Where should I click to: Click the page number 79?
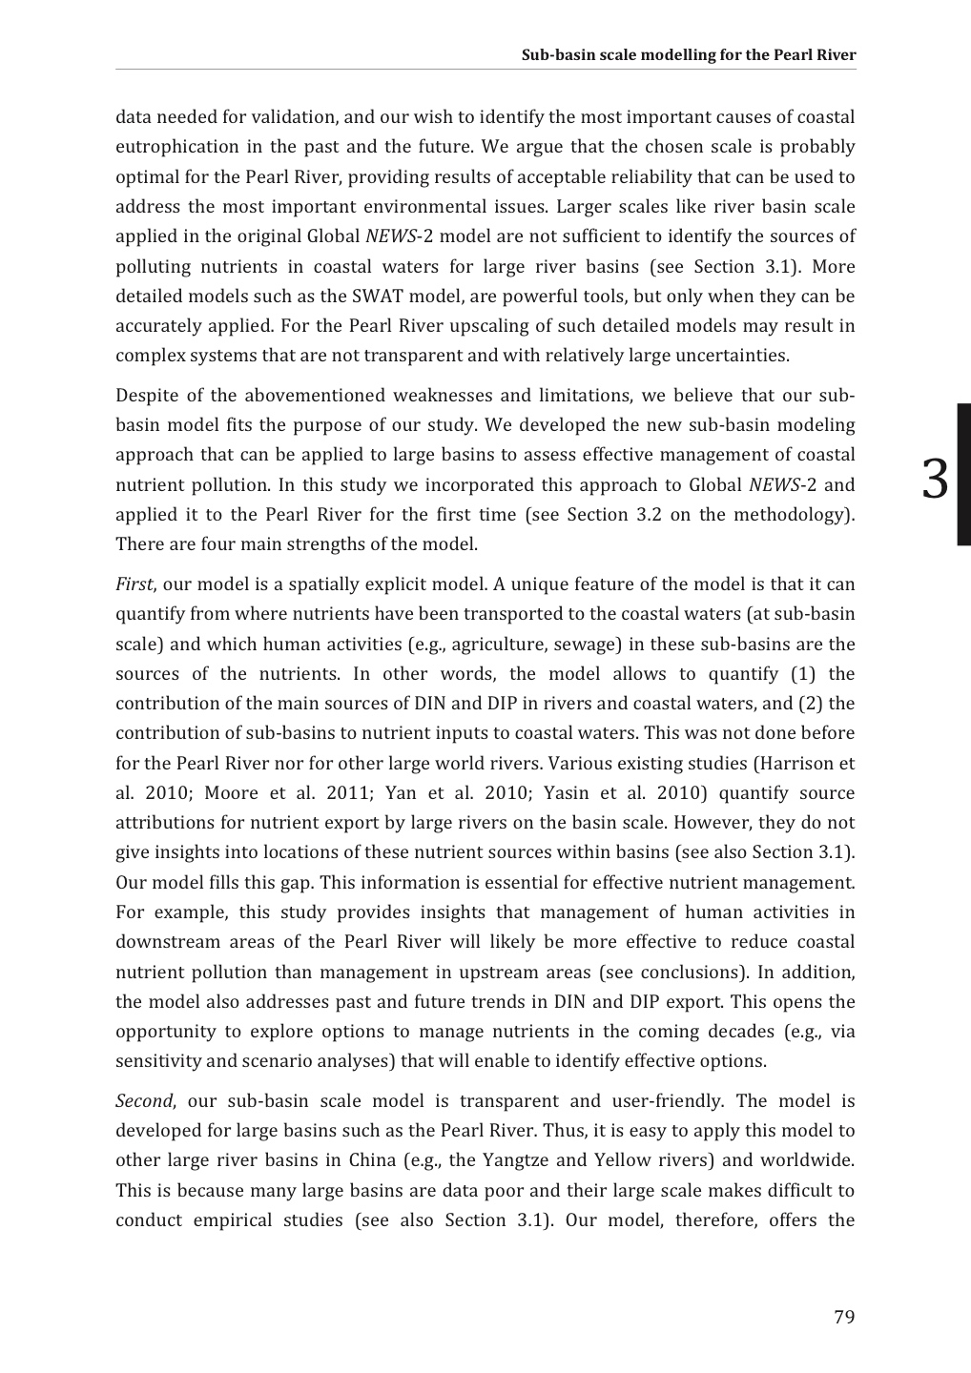tap(843, 1318)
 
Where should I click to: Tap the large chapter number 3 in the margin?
tap(936, 479)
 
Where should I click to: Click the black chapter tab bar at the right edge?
tap(963, 474)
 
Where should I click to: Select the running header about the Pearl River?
tap(688, 54)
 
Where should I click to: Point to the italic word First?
tap(133, 584)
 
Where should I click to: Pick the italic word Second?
tap(143, 1101)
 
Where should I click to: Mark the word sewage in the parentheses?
tap(583, 644)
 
